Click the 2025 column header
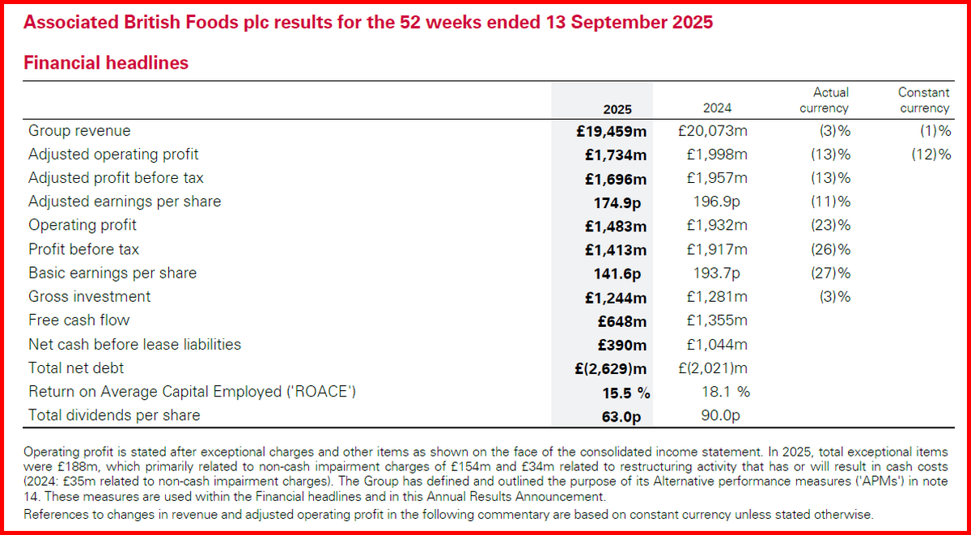pos(617,109)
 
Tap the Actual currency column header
pos(824,100)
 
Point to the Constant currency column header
pos(923,100)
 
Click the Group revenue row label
pos(79,130)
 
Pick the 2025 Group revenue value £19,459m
pos(613,131)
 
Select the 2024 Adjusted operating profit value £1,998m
pos(716,155)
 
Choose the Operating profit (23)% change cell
pos(830,226)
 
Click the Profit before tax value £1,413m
pos(616,249)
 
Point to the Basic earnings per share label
pos(112,273)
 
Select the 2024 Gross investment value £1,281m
pos(716,297)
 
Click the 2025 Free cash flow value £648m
pos(622,321)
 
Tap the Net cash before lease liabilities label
pos(134,344)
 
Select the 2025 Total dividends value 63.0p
pos(625,416)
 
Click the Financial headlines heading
pos(106,62)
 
